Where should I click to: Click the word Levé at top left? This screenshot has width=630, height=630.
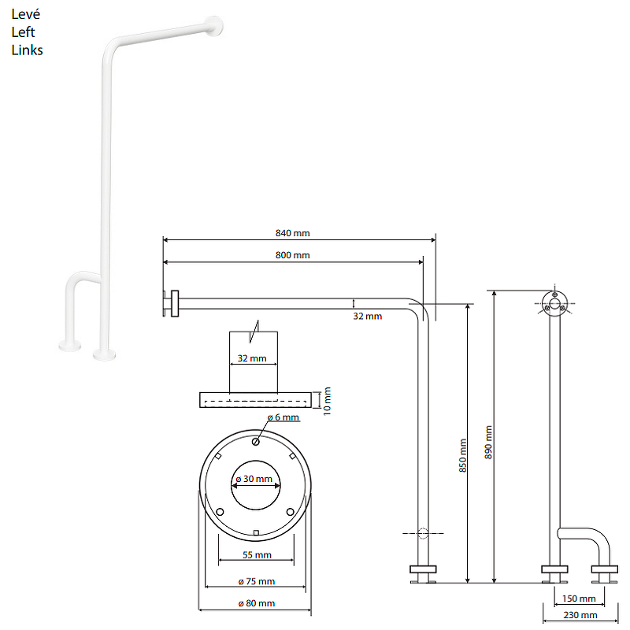[26, 14]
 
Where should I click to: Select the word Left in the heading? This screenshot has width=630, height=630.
[23, 32]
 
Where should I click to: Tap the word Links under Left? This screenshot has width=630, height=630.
[27, 50]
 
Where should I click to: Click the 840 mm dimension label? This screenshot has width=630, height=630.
[292, 233]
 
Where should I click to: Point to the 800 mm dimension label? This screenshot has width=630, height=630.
[292, 255]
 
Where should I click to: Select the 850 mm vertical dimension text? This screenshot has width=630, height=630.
[463, 455]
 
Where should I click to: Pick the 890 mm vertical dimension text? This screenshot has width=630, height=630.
[488, 443]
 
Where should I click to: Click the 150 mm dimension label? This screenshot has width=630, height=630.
[579, 598]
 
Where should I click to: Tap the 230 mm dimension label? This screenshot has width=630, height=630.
[580, 615]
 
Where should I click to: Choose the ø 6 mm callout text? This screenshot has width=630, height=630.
[283, 417]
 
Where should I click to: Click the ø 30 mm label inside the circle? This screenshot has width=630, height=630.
[254, 479]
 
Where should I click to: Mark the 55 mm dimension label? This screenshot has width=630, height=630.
[257, 555]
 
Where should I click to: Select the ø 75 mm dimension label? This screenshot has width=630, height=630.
[257, 581]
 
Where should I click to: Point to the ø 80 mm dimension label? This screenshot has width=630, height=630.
[257, 603]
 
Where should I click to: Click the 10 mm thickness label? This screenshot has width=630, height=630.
[327, 401]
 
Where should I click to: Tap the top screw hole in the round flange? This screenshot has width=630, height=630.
[255, 442]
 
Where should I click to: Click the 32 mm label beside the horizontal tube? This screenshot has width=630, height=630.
[367, 317]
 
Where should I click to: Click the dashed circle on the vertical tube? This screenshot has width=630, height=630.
[423, 534]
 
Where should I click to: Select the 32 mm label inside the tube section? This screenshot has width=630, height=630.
[252, 358]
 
